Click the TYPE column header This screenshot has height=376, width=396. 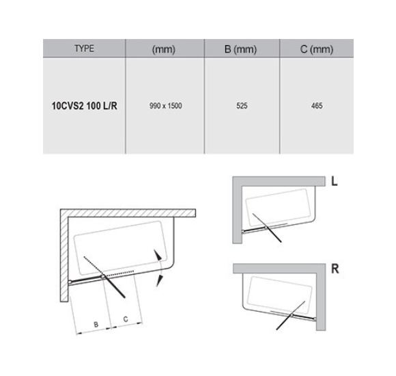pos(84,49)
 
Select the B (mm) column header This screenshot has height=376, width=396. pos(241,49)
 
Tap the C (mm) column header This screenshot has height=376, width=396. pos(317,49)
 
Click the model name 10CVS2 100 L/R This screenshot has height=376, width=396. pos(85,106)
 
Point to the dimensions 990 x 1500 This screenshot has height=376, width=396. pos(166,106)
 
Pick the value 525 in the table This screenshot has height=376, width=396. pos(242,106)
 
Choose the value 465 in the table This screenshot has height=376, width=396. pos(317,106)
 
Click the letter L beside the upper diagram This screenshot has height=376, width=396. pos(334,181)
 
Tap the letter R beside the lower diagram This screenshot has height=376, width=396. pos(335,269)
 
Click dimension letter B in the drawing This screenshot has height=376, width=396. pos(96,325)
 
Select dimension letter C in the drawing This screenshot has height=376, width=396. pos(126,319)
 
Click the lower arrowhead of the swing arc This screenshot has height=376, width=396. pos(159,281)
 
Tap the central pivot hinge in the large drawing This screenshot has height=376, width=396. pos(103,277)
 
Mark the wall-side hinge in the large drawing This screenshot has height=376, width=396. pos(70,282)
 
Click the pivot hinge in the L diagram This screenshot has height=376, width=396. pos(266,228)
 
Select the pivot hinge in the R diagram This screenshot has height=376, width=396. pos(292,315)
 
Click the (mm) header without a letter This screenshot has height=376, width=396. pos(164,49)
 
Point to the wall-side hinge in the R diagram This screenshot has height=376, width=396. pos(315,319)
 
